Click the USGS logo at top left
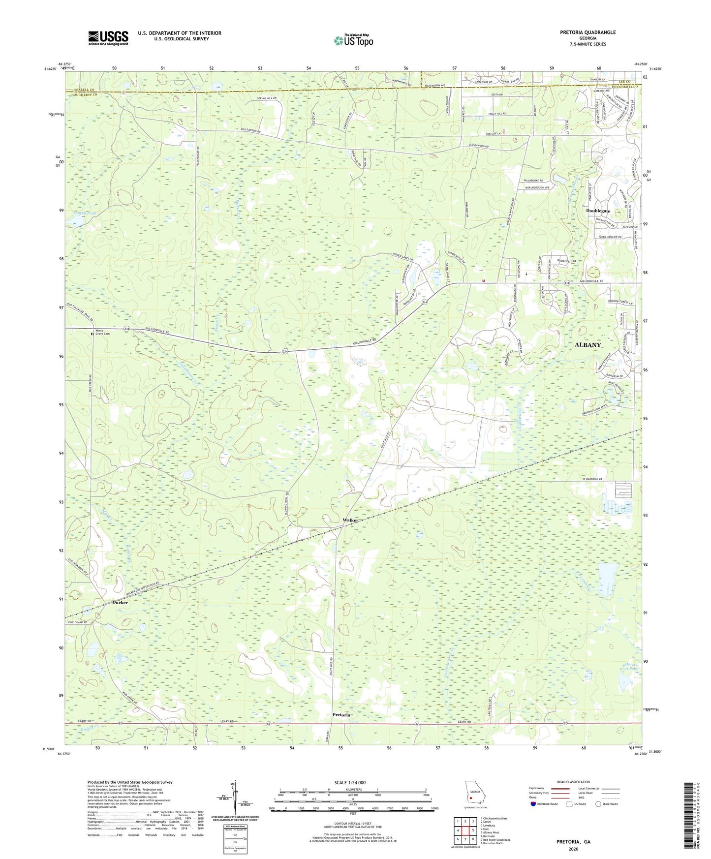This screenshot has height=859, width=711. [x=108, y=38]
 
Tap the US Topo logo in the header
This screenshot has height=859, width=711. [x=353, y=40]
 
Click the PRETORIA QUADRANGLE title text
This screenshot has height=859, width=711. [x=587, y=32]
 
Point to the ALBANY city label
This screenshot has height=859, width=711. [x=587, y=345]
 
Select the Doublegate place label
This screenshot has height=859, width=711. [x=598, y=211]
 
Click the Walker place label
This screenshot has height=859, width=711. [x=350, y=520]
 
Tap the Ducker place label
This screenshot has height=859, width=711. [x=120, y=602]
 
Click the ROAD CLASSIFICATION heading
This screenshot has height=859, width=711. [x=573, y=782]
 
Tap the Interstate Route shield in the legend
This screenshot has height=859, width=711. [x=534, y=804]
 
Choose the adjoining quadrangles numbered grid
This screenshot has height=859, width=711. [x=465, y=831]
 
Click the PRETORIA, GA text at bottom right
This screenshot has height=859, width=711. [x=573, y=841]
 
